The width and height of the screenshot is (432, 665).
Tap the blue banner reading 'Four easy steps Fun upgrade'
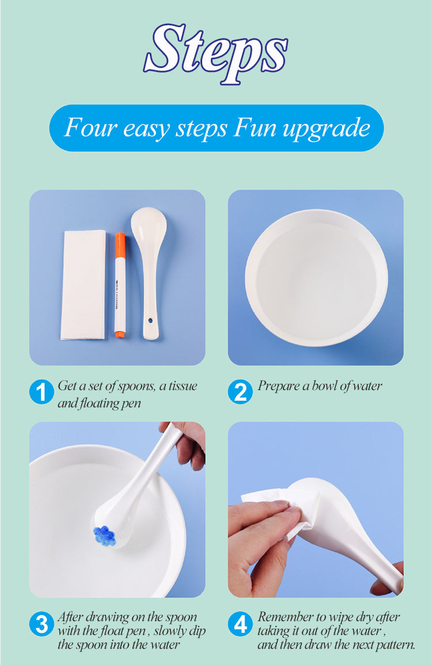[216, 128]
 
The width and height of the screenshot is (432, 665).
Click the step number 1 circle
[41, 393]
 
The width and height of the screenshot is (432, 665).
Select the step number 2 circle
[240, 392]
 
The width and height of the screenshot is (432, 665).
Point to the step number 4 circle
[240, 625]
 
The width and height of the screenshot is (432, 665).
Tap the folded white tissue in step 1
[84, 285]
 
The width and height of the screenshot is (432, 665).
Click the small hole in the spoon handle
[151, 319]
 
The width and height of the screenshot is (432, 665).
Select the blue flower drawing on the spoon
[105, 535]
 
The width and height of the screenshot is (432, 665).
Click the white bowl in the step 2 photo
[316, 278]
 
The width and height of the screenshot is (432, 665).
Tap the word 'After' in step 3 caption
[70, 617]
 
